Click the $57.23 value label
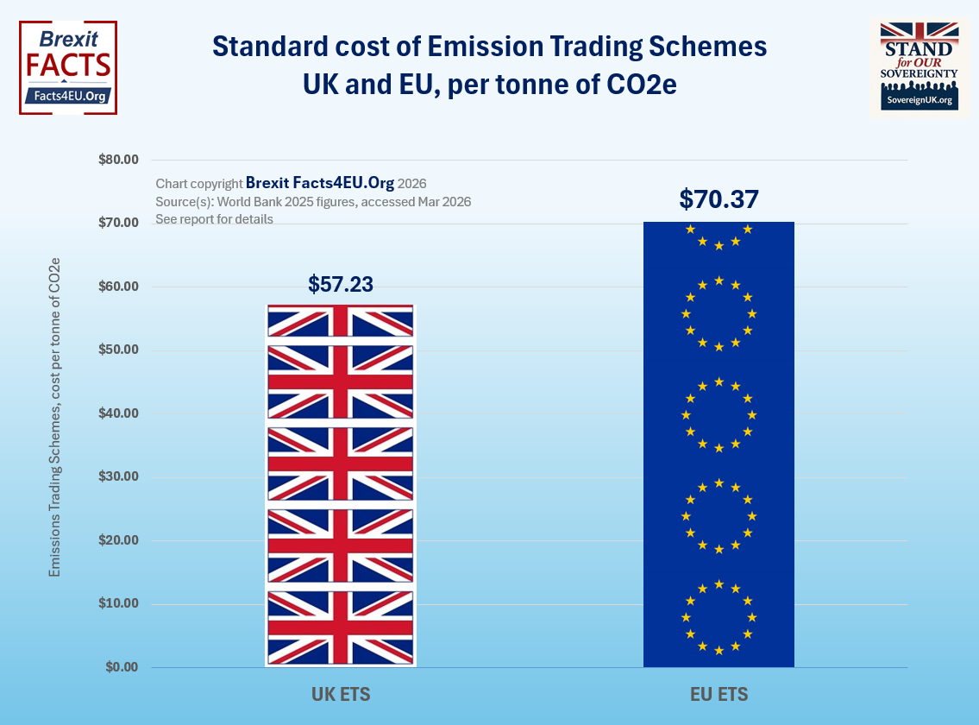tap(341, 285)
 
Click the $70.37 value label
tap(719, 199)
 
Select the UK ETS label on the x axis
tap(341, 694)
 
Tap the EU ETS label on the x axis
tap(719, 694)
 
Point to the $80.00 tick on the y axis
tap(118, 160)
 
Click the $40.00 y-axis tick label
tap(118, 413)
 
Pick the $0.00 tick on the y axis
tap(122, 667)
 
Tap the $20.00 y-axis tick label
tap(118, 540)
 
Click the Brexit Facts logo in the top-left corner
tap(68, 67)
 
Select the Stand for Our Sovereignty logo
tap(919, 67)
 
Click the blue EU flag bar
tap(719, 444)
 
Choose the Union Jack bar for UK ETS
tap(341, 486)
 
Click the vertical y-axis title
tap(54, 417)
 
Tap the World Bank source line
tap(313, 202)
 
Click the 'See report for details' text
tap(214, 219)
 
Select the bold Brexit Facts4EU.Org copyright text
tap(320, 183)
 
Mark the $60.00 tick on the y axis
tap(118, 287)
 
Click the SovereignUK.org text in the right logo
tap(919, 100)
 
